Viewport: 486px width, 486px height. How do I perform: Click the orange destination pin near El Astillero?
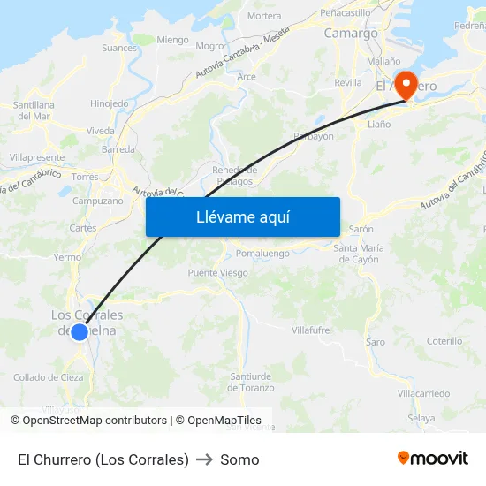[x=406, y=86]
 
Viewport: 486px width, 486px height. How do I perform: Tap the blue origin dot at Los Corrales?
[x=80, y=332]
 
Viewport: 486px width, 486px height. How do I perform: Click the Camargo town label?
[x=351, y=34]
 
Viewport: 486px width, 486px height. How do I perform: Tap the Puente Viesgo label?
[x=217, y=273]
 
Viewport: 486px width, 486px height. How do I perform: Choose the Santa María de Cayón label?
[x=359, y=254]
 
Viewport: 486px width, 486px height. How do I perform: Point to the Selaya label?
[x=421, y=418]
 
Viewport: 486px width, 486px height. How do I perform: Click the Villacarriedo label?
[x=423, y=392]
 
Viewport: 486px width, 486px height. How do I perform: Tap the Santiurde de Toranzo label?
[x=251, y=382]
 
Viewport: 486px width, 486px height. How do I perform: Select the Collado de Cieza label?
[x=49, y=377]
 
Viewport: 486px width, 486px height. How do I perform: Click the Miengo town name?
[x=172, y=40]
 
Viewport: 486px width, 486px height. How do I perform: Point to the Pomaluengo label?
[x=262, y=253]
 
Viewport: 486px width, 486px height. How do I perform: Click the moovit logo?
[x=433, y=459]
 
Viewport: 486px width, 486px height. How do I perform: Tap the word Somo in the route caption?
[x=239, y=459]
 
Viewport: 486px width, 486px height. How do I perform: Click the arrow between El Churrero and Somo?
[x=205, y=459]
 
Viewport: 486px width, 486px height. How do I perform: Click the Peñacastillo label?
[x=345, y=13]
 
